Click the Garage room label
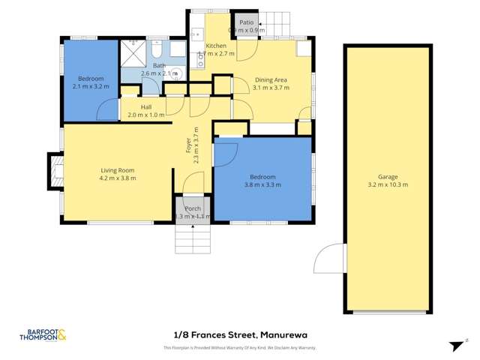(x=387, y=176)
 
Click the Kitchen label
(x=217, y=46)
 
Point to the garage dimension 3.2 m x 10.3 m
(x=387, y=184)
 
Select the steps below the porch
(x=192, y=238)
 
